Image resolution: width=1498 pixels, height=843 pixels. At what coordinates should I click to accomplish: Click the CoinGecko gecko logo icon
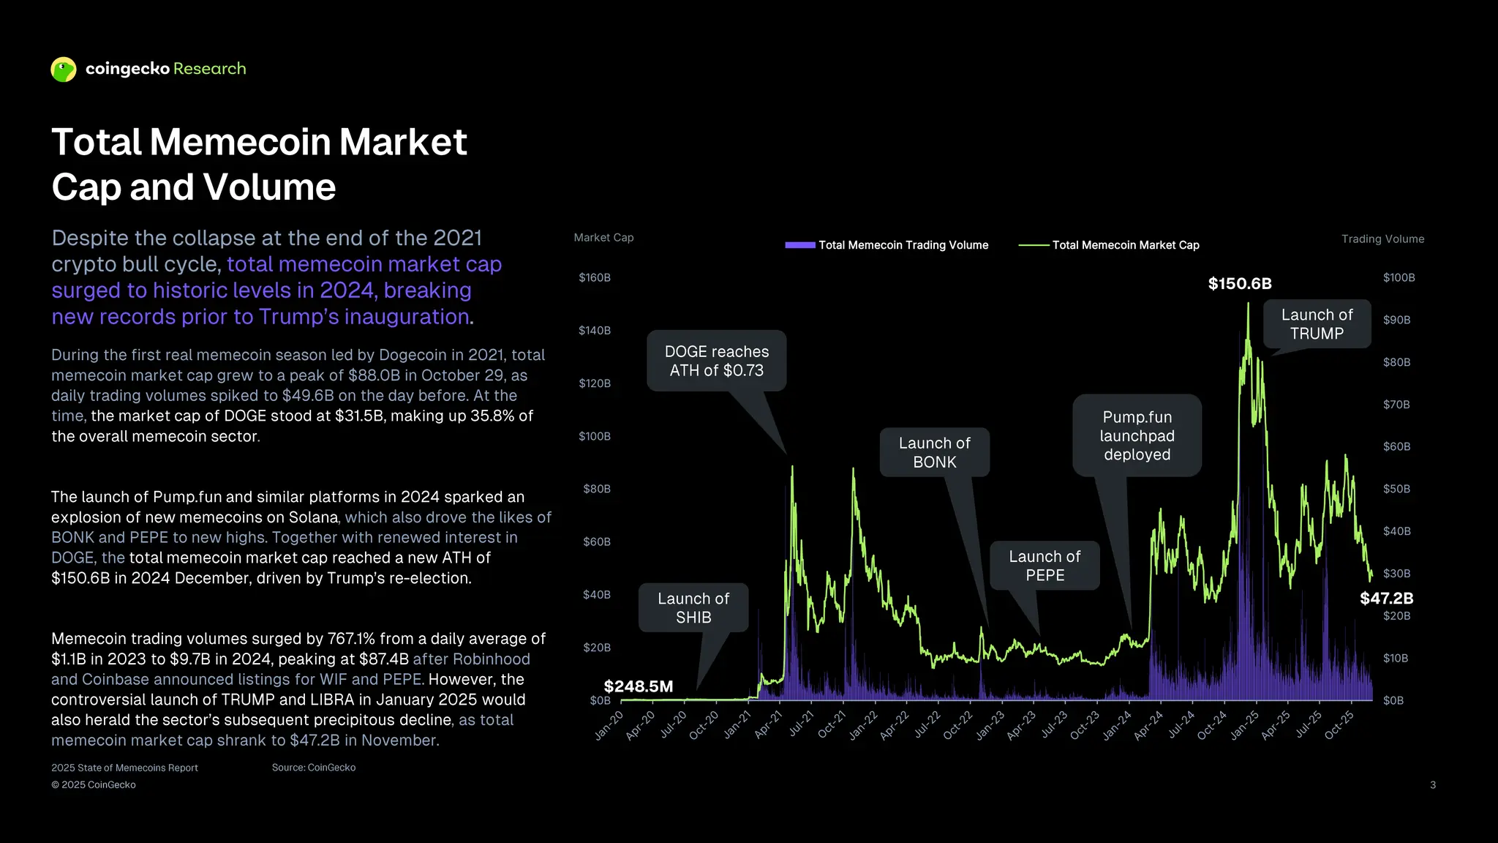coord(64,70)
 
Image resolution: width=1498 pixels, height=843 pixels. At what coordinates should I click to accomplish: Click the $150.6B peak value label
coord(1240,284)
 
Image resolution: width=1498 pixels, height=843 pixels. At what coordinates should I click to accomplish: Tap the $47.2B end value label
coord(1386,599)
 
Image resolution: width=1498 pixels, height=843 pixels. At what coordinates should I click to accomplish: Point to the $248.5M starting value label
coord(638,686)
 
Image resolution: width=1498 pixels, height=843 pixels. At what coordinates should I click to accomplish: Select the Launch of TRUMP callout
coord(1317,324)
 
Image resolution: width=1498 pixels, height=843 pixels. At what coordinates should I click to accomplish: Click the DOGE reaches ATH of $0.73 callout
coord(716,361)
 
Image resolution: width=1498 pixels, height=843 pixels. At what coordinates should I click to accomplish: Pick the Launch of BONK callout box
coord(934,452)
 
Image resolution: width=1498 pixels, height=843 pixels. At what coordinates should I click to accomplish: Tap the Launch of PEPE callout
coord(1045,566)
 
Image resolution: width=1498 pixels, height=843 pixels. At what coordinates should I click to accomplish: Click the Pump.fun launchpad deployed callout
coord(1137,435)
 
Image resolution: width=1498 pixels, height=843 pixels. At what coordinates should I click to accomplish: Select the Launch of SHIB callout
coord(693,607)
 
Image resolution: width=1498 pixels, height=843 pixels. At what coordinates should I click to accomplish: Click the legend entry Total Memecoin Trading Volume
coord(903,245)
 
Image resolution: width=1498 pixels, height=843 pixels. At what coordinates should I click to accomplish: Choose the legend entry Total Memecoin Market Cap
coord(1125,245)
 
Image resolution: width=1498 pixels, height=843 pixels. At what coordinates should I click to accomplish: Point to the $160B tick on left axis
coord(594,278)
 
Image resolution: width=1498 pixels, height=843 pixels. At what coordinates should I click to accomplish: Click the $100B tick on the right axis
coord(1399,278)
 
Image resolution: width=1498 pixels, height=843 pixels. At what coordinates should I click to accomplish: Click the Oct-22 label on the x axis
coord(957,724)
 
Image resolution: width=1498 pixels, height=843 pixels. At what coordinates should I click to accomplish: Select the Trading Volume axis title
coord(1382,239)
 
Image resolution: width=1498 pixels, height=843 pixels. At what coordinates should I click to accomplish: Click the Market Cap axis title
coord(603,238)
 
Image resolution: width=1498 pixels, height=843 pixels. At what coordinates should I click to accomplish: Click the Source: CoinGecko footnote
coord(314,768)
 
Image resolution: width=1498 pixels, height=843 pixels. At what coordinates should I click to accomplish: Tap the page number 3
coord(1432,785)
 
